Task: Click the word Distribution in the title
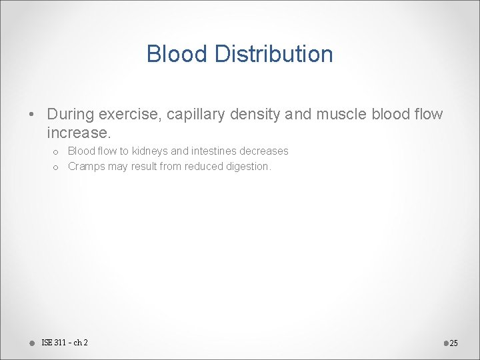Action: pos(274,54)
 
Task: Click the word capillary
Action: pos(195,115)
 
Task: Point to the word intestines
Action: pos(215,151)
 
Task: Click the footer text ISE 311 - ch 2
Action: pos(65,343)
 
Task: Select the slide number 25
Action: pos(454,343)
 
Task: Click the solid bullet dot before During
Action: pos(33,115)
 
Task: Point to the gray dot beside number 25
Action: pos(445,343)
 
